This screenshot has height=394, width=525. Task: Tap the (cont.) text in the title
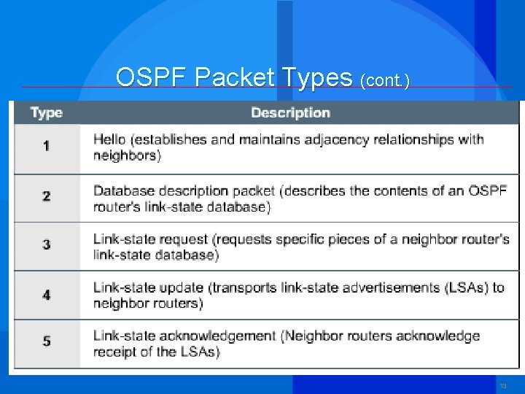click(384, 80)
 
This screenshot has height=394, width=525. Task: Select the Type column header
click(47, 113)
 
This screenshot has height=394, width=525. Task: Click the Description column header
click(290, 113)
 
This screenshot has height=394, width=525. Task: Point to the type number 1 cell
click(47, 147)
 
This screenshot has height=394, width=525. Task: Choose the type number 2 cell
click(47, 197)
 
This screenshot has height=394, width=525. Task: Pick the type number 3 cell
click(47, 245)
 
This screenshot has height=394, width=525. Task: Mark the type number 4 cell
click(47, 295)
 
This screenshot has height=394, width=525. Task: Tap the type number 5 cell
click(47, 342)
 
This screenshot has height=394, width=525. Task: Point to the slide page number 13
click(503, 385)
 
